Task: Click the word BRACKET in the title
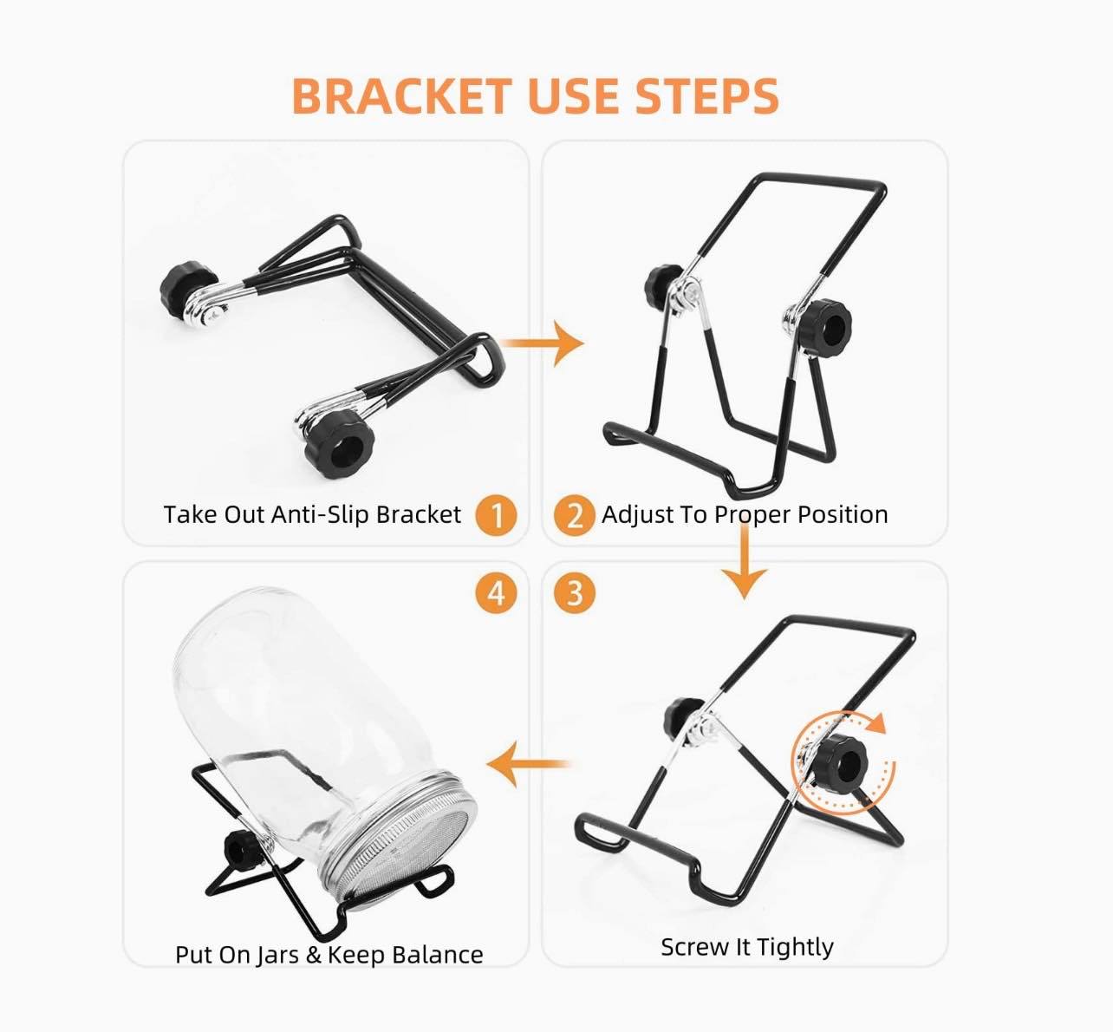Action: click(x=401, y=96)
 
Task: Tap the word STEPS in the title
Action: click(x=706, y=96)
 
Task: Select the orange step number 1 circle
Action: click(x=496, y=515)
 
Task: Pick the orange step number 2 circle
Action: click(x=575, y=515)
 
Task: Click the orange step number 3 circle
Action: click(x=575, y=593)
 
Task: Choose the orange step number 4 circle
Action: click(x=496, y=593)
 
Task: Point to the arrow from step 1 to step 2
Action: click(x=542, y=343)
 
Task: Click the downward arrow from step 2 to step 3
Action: click(x=744, y=561)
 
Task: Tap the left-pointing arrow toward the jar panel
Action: click(x=528, y=763)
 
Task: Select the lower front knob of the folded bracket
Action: click(x=340, y=444)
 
